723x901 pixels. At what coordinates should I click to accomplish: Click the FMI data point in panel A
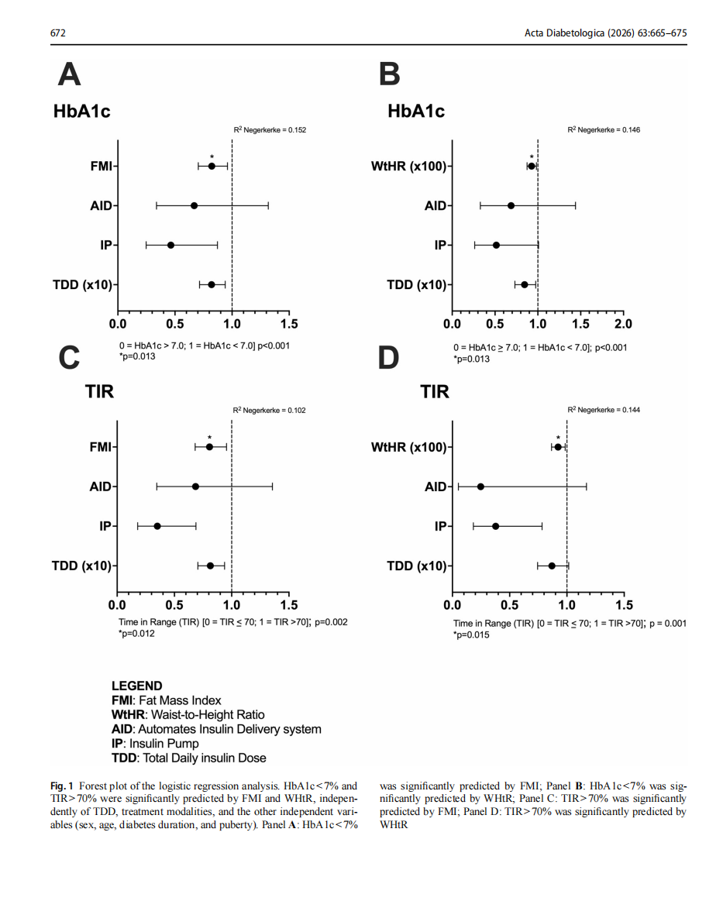(x=212, y=166)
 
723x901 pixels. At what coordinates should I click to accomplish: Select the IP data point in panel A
(x=170, y=246)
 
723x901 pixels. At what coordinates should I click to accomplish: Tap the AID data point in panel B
(x=511, y=206)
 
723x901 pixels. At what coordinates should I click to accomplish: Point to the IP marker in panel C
(x=157, y=526)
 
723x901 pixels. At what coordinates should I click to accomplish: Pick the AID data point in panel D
(x=480, y=487)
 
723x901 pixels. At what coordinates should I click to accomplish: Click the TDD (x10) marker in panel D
(x=552, y=566)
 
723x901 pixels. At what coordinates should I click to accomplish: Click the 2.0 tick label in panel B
(x=623, y=324)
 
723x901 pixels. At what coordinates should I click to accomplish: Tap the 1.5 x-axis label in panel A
(x=289, y=324)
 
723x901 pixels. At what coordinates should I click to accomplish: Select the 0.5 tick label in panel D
(x=509, y=605)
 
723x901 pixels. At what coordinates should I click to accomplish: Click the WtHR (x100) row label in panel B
(x=408, y=166)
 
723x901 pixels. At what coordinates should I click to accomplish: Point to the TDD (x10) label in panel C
(x=81, y=566)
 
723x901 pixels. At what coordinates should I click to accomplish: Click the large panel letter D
(x=388, y=357)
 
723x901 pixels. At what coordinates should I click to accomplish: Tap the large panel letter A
(x=69, y=74)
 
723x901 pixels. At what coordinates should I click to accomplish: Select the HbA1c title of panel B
(x=416, y=111)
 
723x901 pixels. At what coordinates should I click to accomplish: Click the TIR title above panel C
(x=99, y=391)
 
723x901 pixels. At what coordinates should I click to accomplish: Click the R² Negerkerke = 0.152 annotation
(x=270, y=130)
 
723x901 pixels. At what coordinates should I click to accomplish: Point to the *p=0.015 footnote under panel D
(x=471, y=635)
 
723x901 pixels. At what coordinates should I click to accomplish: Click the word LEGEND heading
(x=137, y=686)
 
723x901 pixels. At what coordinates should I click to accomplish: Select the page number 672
(x=58, y=33)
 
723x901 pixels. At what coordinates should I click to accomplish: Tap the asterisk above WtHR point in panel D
(x=558, y=438)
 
